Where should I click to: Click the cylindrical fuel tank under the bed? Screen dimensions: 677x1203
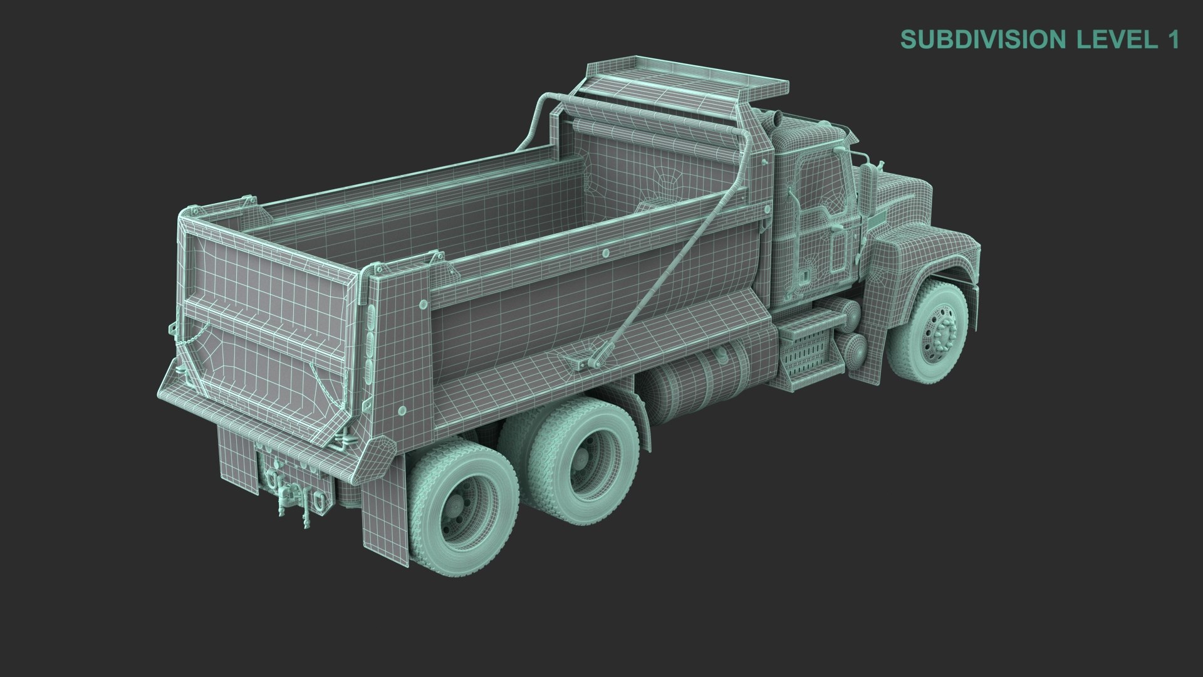tap(689, 389)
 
